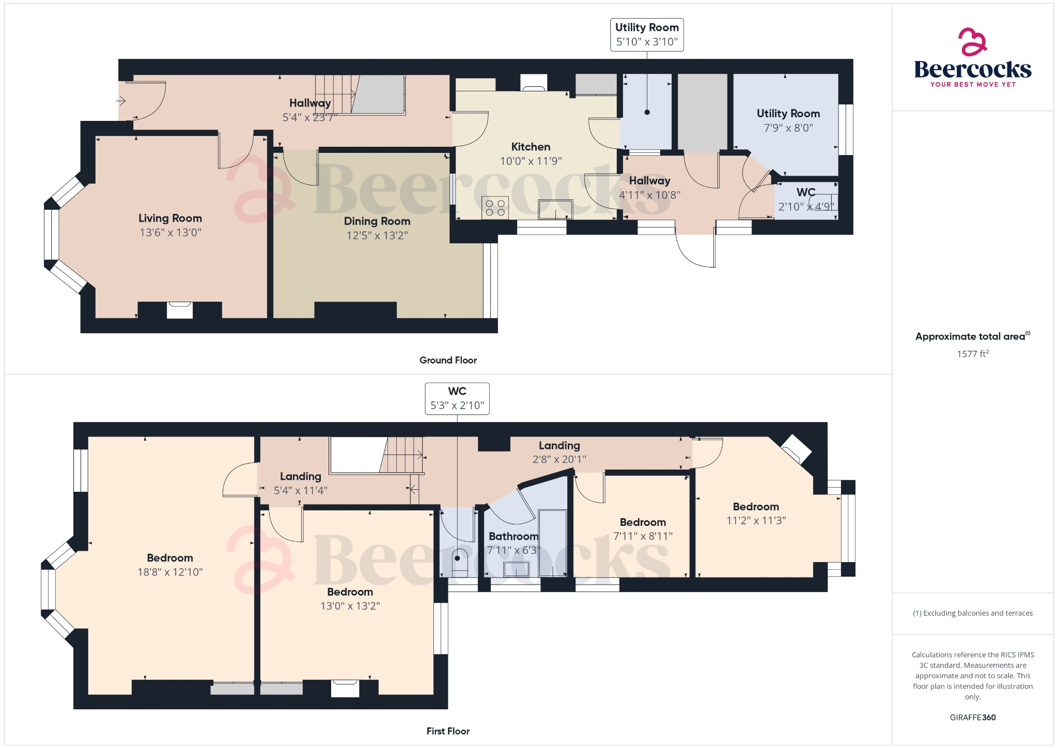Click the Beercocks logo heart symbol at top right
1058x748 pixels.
(x=972, y=42)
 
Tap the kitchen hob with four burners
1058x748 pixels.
(x=495, y=208)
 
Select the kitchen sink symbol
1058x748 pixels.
(x=555, y=209)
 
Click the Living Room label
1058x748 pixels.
(x=170, y=218)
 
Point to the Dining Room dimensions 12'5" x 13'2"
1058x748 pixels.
(x=377, y=236)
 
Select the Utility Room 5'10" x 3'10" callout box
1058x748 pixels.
(x=647, y=35)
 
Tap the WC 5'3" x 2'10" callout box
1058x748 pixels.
(x=457, y=398)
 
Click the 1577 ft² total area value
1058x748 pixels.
(x=972, y=354)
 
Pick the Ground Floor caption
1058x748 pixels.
(x=448, y=360)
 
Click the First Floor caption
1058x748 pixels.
(x=448, y=731)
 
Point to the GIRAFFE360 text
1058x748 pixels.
(x=972, y=717)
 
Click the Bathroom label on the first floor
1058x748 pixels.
(x=513, y=536)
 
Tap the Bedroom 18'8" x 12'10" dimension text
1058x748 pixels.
(x=170, y=572)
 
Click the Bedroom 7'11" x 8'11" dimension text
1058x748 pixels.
(x=643, y=536)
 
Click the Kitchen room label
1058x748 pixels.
(x=531, y=147)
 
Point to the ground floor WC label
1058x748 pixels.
(x=805, y=192)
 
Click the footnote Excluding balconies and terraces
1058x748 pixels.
(x=972, y=613)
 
